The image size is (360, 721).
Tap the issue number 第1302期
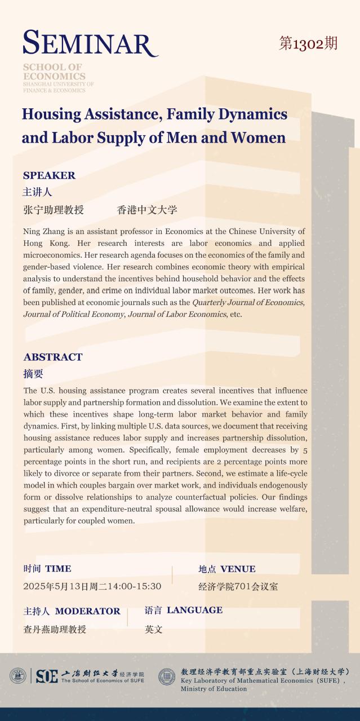[308, 43]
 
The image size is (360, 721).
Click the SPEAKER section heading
[49, 175]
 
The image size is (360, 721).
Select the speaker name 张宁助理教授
[54, 210]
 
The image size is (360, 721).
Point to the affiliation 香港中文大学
[147, 210]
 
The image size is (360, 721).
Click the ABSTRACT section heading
[53, 357]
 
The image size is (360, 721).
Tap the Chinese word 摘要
[33, 374]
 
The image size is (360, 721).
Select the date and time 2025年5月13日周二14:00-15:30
[92, 586]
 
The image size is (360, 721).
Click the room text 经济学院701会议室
[238, 586]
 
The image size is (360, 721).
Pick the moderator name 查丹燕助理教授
[55, 629]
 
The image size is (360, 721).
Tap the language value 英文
[153, 629]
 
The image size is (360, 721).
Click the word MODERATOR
[87, 611]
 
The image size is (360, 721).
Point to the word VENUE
[238, 569]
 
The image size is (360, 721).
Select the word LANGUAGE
[194, 610]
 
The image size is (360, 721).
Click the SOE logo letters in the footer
[47, 676]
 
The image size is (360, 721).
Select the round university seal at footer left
[17, 676]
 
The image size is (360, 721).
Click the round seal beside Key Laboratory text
[167, 676]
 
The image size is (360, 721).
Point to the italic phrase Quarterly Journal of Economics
[248, 302]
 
